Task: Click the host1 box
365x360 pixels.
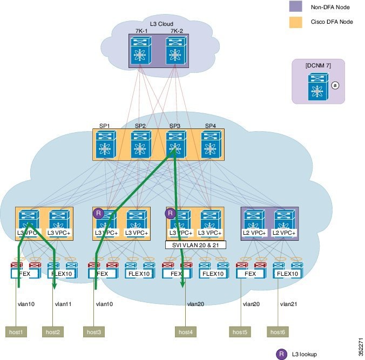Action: click(x=16, y=332)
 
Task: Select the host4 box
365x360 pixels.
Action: click(x=186, y=332)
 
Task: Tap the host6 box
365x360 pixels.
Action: click(x=278, y=332)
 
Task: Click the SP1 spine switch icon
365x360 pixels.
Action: click(x=106, y=145)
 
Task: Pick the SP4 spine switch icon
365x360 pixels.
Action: click(x=211, y=145)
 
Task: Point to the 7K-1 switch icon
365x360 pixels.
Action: click(x=141, y=51)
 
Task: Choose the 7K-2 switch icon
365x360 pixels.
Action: click(x=176, y=51)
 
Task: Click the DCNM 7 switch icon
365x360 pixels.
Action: click(x=318, y=86)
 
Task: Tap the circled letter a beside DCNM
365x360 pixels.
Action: click(x=335, y=85)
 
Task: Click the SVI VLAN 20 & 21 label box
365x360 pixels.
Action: click(x=195, y=245)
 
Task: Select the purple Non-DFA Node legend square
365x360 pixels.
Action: click(x=296, y=6)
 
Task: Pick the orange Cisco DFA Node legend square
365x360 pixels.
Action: click(x=296, y=22)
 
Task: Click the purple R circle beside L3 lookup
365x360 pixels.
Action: click(x=281, y=354)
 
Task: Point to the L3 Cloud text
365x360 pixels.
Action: click(x=161, y=24)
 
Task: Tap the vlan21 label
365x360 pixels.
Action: click(x=289, y=304)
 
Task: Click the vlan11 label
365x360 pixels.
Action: click(x=63, y=304)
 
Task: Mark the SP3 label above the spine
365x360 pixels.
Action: click(x=175, y=126)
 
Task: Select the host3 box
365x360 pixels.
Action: click(x=94, y=332)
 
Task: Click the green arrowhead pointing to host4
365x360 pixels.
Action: click(x=182, y=284)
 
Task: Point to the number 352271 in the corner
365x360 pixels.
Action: click(x=361, y=347)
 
